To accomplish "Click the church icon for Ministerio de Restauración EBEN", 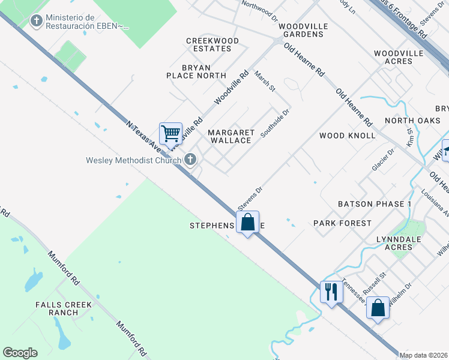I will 37,22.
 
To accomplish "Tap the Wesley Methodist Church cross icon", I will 190,160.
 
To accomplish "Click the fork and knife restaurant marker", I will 331,292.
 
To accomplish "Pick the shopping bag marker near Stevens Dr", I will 247,223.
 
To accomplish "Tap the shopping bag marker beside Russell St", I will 378,308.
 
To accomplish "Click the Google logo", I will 20,353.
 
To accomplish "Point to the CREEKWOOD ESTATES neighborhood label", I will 212,44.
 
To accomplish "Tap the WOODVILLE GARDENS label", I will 309,31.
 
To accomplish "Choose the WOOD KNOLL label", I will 348,136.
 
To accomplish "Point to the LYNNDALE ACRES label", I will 402,243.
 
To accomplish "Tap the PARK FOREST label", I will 343,223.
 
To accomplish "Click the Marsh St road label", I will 265,81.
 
